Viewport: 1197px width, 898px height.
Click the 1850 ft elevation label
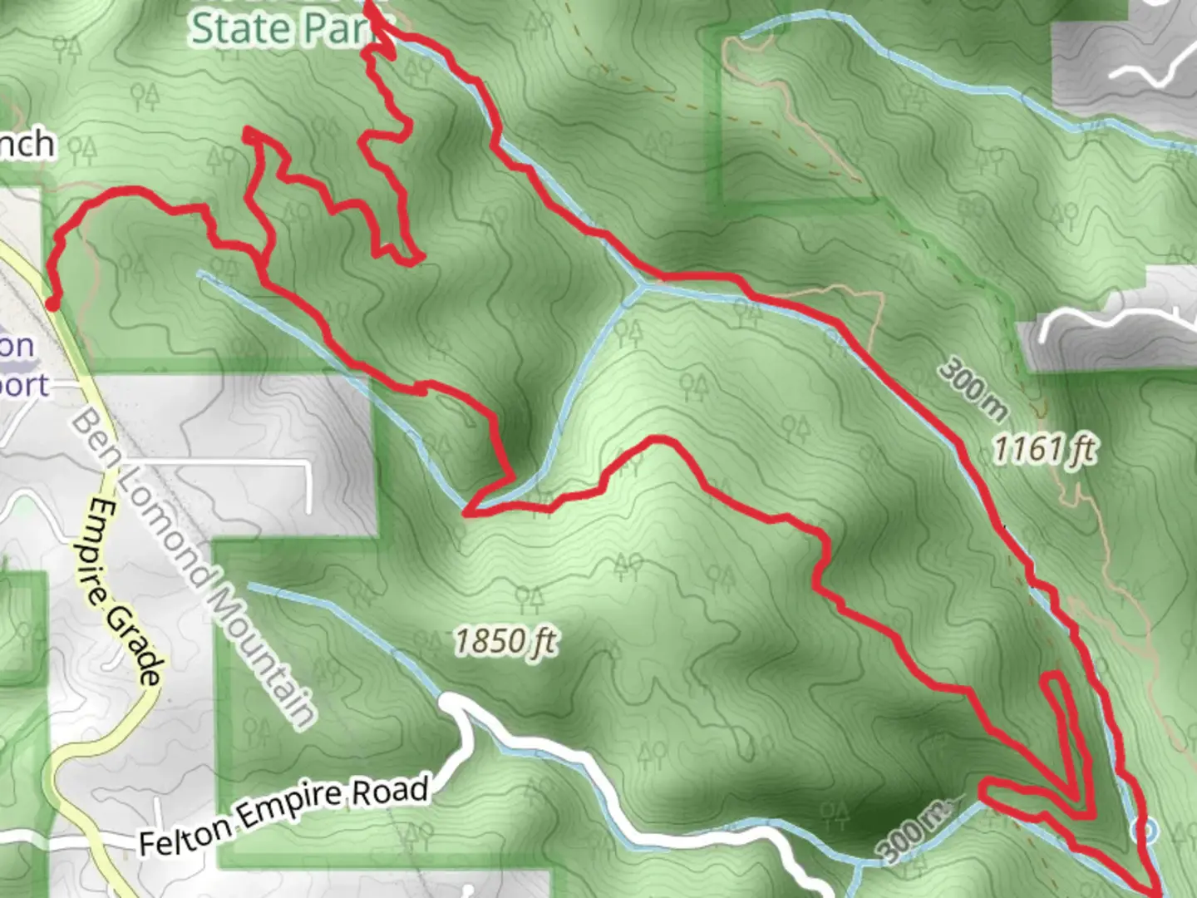click(x=505, y=642)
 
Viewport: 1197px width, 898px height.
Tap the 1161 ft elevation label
click(x=1044, y=450)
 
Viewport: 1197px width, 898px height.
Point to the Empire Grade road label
click(x=125, y=591)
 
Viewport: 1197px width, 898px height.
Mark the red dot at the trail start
click(x=52, y=305)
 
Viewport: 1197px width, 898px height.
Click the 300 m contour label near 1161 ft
click(x=973, y=389)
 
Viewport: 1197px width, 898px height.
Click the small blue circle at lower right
click(x=1146, y=828)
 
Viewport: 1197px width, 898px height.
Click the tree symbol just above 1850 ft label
click(x=529, y=599)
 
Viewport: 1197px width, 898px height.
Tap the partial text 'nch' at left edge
click(x=27, y=145)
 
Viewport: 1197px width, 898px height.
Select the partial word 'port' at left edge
click(x=23, y=385)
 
